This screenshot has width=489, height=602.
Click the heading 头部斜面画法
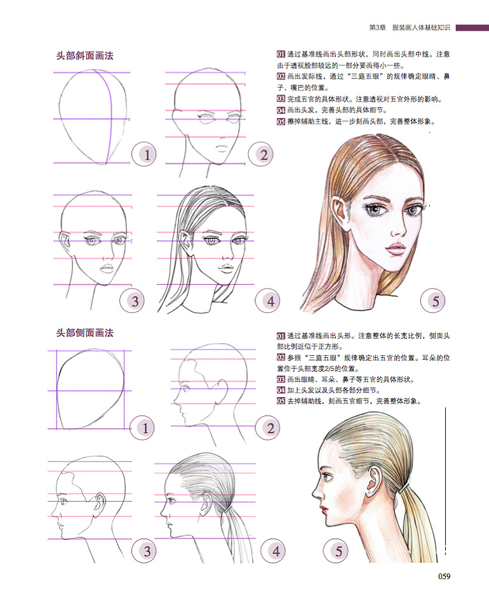(x=85, y=56)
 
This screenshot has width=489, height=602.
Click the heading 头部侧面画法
(x=85, y=333)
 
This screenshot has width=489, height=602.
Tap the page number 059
(x=444, y=576)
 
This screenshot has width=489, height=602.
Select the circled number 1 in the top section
(x=144, y=154)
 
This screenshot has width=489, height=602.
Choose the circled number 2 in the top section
(x=260, y=154)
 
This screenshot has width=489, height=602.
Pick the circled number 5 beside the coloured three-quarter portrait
(x=433, y=301)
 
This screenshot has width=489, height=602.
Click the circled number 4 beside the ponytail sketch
(x=273, y=551)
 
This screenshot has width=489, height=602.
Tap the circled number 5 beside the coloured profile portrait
(x=335, y=551)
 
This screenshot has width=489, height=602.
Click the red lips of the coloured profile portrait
(x=325, y=509)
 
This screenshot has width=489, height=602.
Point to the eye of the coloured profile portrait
(x=328, y=477)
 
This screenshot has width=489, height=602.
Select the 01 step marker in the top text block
(x=281, y=54)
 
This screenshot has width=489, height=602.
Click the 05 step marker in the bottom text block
(x=281, y=401)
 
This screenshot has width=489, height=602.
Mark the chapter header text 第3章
(x=377, y=28)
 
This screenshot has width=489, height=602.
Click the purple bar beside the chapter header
(x=472, y=28)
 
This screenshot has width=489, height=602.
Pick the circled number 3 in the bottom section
(x=144, y=551)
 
